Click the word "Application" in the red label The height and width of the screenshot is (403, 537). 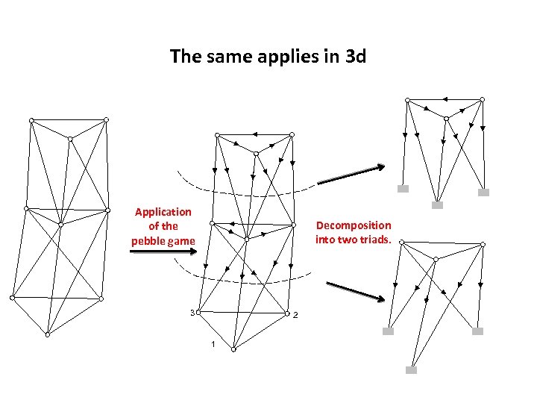163,212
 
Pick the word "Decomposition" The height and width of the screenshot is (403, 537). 354,225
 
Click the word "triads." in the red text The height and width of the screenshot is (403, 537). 377,239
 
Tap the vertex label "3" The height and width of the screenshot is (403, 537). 192,312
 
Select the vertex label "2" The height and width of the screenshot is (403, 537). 295,314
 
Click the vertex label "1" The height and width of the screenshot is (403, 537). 213,344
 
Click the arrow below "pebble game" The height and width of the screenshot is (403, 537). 163,252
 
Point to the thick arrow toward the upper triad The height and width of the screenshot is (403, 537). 351,175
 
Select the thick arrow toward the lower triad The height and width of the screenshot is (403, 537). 355,291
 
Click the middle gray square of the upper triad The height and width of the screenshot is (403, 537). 438,204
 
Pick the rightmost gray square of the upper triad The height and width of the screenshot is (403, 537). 483,193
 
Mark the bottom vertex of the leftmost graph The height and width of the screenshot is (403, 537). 47,335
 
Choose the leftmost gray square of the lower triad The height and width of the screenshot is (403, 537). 388,331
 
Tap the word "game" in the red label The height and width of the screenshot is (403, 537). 181,240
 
